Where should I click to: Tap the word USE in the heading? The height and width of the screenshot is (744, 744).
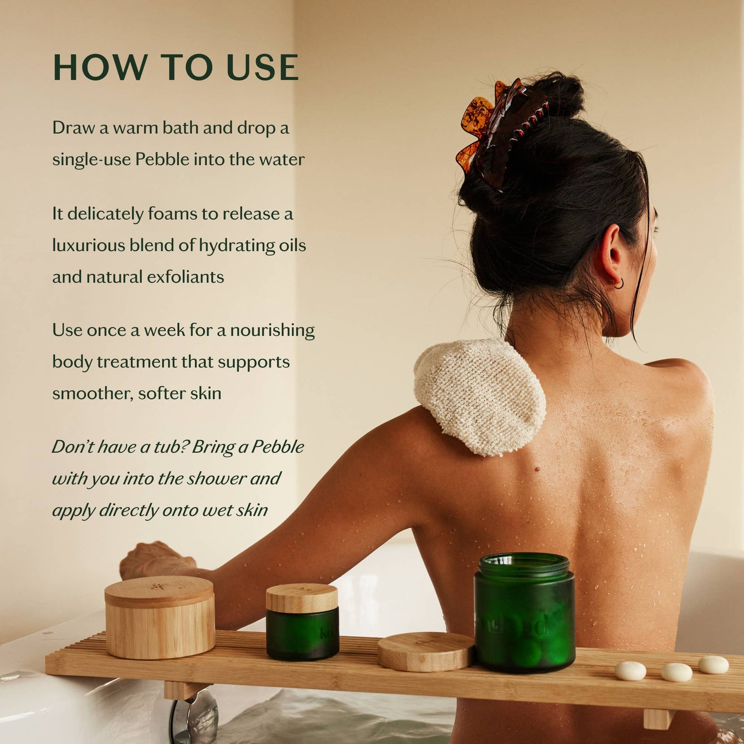point(262,67)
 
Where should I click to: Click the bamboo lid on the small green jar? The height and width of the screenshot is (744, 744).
point(302,598)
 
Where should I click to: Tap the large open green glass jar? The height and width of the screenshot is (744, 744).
point(524,613)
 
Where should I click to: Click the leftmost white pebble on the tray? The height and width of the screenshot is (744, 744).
point(630,670)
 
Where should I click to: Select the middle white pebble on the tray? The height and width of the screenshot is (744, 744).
point(677,672)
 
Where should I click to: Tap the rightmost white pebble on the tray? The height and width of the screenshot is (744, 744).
point(713,664)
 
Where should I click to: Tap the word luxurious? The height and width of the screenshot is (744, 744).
point(88,246)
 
